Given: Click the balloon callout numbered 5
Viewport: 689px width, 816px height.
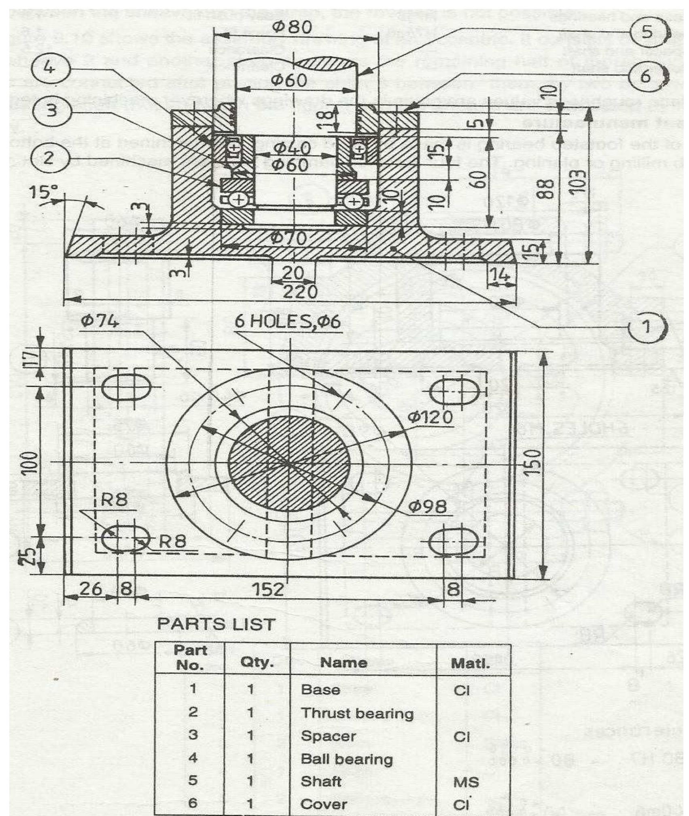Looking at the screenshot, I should pyautogui.click(x=647, y=32).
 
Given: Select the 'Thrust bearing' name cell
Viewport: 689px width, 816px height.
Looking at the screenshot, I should pyautogui.click(x=357, y=713).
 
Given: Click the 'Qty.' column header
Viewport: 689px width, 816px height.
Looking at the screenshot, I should pyautogui.click(x=257, y=663).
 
